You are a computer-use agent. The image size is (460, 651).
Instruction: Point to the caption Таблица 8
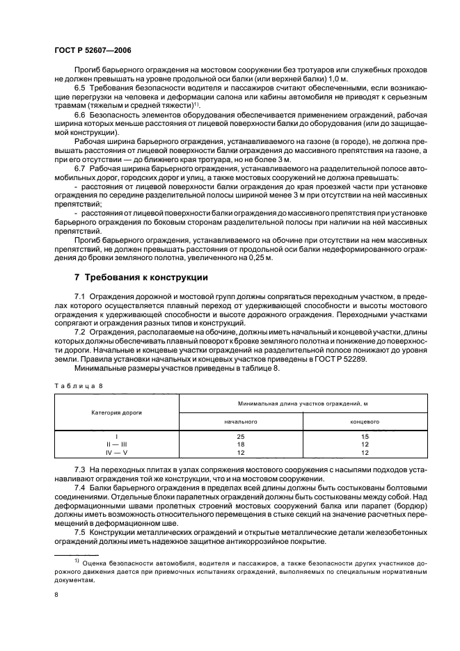coord(79,384)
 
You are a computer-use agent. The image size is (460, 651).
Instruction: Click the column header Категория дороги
coord(116,412)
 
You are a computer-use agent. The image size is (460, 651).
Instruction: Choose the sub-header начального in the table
coord(241,421)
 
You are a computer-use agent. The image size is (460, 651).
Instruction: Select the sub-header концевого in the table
coord(365,421)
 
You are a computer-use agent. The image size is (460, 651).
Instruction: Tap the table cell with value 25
coord(241,436)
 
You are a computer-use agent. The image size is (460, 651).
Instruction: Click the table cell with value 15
coord(365,436)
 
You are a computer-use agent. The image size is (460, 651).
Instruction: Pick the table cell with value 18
coord(241,444)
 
